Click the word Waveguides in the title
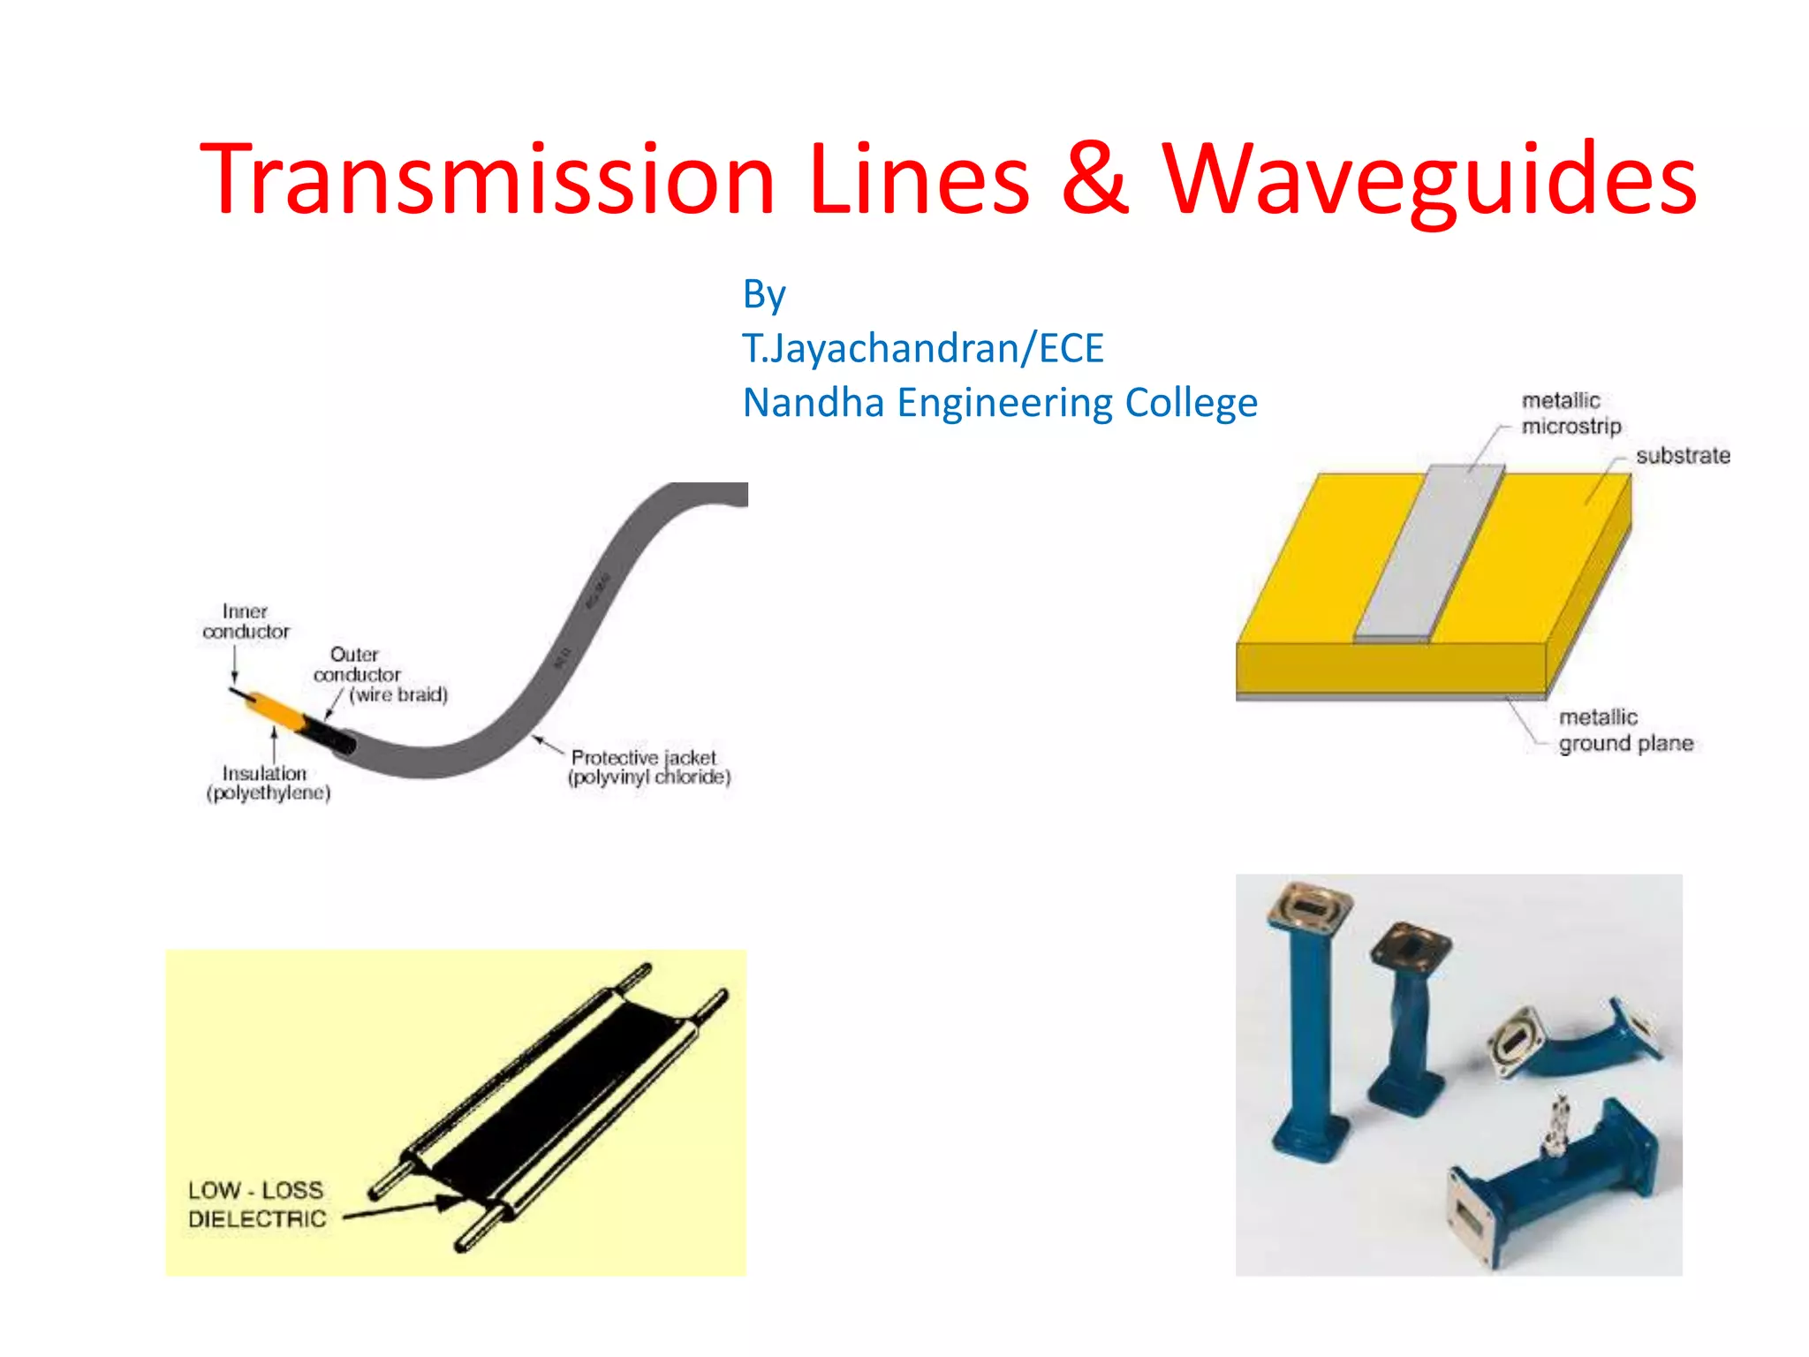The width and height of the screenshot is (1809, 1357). [x=1428, y=181]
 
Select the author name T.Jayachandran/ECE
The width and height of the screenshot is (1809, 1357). [x=922, y=348]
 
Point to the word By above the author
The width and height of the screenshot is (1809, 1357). [x=763, y=295]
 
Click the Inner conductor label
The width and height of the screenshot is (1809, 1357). [x=246, y=621]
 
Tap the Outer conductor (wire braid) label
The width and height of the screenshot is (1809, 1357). [x=371, y=674]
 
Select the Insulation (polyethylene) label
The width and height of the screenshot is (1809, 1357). [x=268, y=783]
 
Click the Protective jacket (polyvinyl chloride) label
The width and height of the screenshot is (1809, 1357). [x=649, y=767]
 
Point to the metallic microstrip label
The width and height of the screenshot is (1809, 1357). [x=1571, y=413]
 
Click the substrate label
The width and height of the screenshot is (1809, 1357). [x=1682, y=456]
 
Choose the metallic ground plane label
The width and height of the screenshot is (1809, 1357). [x=1625, y=730]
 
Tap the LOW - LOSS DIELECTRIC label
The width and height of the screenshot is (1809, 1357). [x=256, y=1204]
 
